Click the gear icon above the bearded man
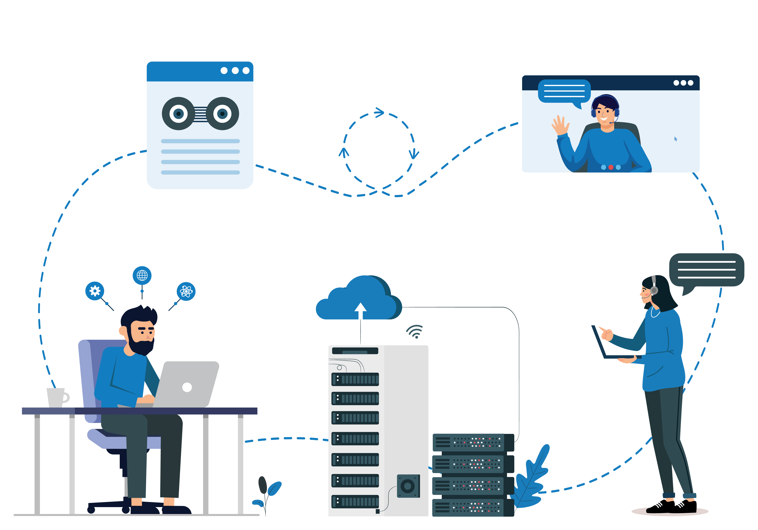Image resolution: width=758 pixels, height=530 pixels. click(x=95, y=291)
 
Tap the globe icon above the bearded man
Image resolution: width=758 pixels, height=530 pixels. click(x=142, y=275)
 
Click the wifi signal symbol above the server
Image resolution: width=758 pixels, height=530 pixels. click(x=415, y=331)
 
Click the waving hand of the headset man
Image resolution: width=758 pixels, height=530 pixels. click(x=560, y=125)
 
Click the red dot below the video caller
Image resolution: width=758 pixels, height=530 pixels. click(x=611, y=167)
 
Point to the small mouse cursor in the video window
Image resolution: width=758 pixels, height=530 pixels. click(x=675, y=139)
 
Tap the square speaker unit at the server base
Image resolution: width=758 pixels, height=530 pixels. click(x=408, y=486)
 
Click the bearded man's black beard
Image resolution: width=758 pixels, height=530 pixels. click(x=140, y=345)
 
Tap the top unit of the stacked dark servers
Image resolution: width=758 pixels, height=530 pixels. click(x=473, y=442)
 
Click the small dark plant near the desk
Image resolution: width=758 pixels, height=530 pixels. click(x=263, y=485)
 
